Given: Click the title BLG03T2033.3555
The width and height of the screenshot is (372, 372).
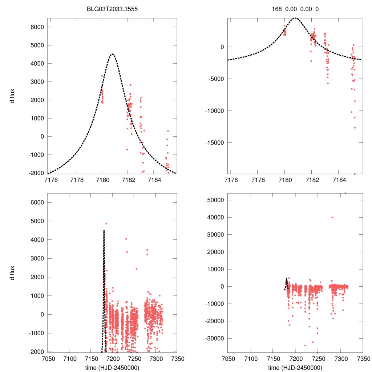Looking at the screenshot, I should click(113, 9).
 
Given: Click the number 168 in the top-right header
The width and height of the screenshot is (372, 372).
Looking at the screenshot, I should click(277, 9).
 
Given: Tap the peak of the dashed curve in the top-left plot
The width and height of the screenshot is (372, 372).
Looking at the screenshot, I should click(112, 54).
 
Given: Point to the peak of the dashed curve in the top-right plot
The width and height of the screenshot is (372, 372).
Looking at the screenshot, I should click(295, 18).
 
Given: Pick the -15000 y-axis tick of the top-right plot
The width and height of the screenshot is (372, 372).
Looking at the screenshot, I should click(216, 142).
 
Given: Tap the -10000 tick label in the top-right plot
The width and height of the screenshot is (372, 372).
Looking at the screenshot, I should click(216, 111).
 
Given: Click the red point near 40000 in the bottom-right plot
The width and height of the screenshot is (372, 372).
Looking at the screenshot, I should click(332, 217).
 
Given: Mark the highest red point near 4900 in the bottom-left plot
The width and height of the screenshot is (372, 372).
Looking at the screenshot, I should click(106, 224).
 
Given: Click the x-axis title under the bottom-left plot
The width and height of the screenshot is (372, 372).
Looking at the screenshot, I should click(113, 367).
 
